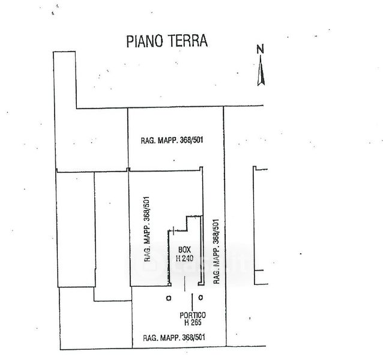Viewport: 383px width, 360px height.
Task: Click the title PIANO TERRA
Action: [x=167, y=41]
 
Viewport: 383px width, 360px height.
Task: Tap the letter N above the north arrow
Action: [x=261, y=50]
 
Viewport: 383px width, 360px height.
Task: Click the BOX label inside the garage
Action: [x=184, y=250]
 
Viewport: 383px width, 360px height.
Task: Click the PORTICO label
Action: [x=193, y=316]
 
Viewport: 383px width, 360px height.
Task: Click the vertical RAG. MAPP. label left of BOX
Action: [x=147, y=229]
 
